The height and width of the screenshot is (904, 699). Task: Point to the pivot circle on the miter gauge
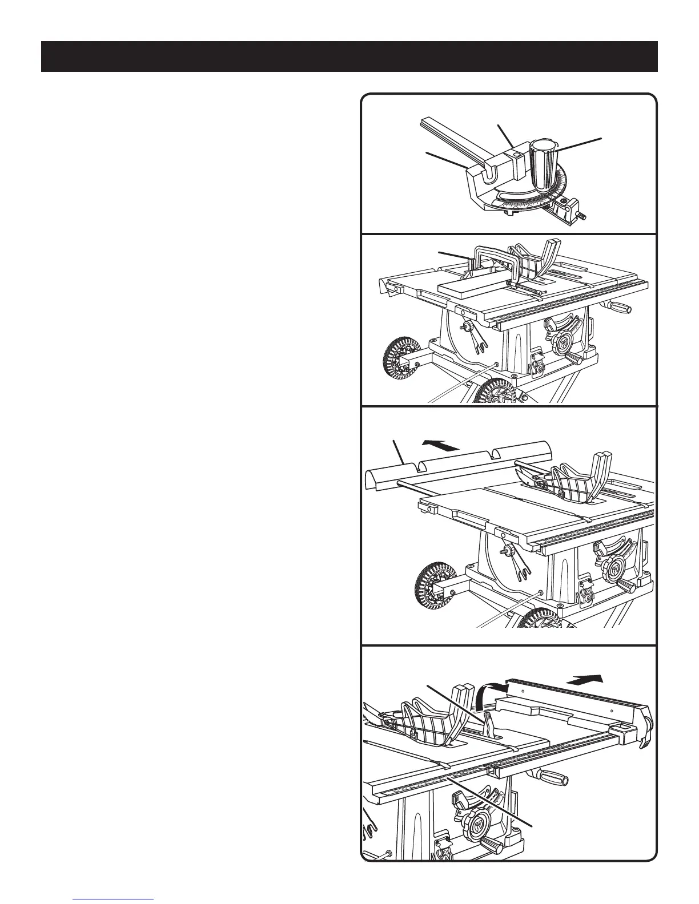coord(516,155)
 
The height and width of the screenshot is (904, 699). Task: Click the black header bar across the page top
coord(349,56)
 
